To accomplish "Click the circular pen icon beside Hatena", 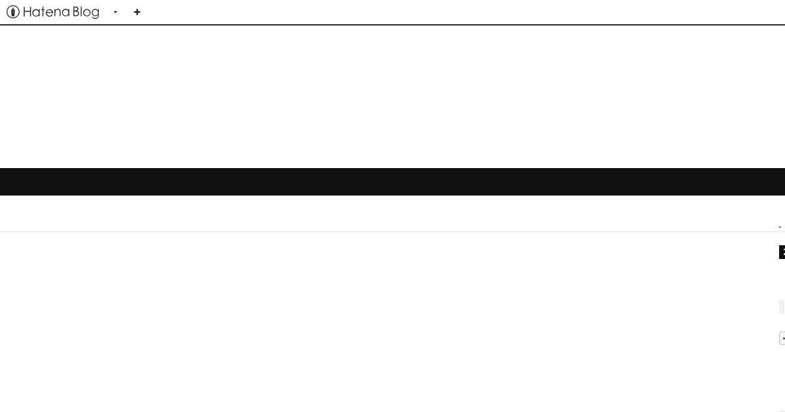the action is click(13, 12).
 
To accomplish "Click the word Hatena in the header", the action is click(46, 12).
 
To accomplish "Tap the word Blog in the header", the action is click(86, 12).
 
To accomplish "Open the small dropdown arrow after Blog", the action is click(115, 12).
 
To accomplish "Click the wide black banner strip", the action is click(392, 182).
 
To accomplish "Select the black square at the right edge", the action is click(782, 252).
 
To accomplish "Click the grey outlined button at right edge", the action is click(782, 338).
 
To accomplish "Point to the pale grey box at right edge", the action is click(782, 307).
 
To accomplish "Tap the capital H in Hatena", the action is click(27, 12).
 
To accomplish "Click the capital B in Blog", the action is click(77, 12).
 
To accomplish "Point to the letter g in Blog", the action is click(96, 14).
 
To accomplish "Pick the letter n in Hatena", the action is click(58, 13).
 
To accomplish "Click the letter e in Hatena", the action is click(50, 13).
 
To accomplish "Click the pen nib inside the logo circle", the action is click(13, 12).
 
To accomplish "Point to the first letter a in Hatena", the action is click(37, 13).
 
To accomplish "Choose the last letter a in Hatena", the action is click(65, 13).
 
